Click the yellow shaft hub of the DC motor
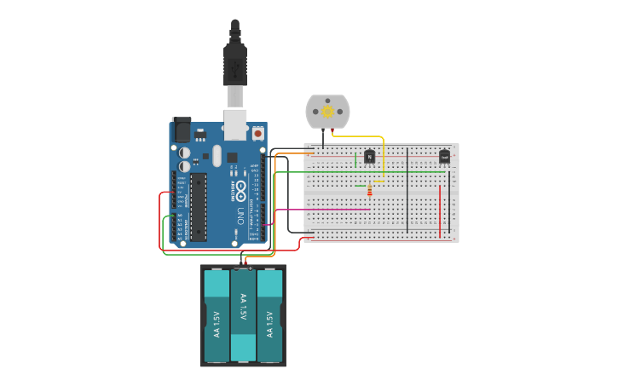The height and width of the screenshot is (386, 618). point(327,112)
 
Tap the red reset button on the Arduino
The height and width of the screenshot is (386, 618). point(257,133)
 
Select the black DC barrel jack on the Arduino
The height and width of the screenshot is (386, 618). point(181,130)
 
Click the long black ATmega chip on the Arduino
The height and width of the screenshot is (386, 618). point(198,206)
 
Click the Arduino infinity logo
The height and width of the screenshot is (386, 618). point(241,188)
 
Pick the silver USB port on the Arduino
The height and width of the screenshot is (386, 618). point(235,123)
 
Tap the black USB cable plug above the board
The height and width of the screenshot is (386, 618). point(235,64)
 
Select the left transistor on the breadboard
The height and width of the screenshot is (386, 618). point(369,156)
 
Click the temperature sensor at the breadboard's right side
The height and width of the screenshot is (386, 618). point(444,156)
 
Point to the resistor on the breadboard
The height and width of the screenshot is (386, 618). point(369,192)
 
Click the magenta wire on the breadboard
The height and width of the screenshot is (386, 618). point(324,210)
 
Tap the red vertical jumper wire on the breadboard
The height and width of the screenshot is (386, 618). point(440,209)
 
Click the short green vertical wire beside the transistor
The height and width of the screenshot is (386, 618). point(355,160)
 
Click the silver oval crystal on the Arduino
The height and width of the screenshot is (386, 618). point(217,155)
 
